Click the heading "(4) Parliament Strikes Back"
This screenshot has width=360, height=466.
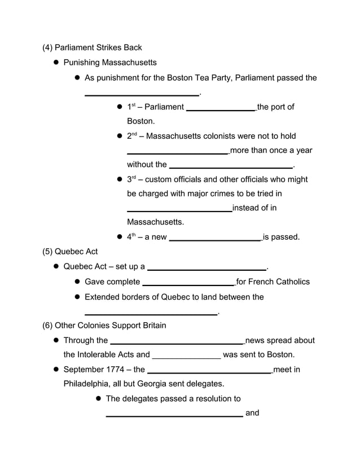[92, 47]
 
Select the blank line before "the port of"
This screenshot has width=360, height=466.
[221, 110]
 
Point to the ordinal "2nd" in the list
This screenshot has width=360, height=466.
[132, 136]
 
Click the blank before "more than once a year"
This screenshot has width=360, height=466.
[178, 153]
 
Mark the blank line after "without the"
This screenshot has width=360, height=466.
[231, 168]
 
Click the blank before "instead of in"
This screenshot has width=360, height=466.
[179, 211]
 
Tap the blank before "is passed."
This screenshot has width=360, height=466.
[215, 240]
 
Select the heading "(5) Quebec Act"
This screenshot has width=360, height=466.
[70, 252]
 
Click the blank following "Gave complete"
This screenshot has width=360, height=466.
[188, 284]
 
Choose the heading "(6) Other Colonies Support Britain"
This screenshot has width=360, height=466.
[104, 326]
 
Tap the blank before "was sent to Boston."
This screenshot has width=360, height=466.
[186, 358]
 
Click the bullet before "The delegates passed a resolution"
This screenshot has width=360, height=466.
[98, 399]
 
